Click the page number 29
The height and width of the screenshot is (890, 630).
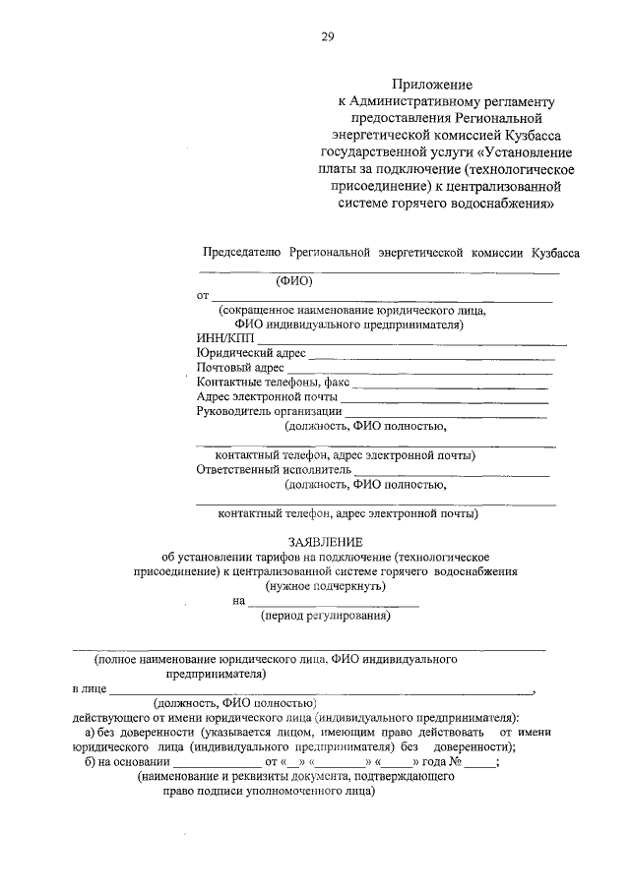pyautogui.click(x=328, y=37)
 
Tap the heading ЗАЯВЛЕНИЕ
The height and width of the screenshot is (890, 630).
pyautogui.click(x=325, y=542)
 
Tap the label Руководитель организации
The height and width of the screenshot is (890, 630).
pyautogui.click(x=269, y=411)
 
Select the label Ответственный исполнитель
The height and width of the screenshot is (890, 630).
pyautogui.click(x=274, y=470)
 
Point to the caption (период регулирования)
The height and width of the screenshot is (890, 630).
pyautogui.click(x=326, y=617)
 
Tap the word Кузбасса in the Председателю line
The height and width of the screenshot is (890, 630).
pyautogui.click(x=554, y=252)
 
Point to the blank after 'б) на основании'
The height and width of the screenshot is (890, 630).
pyautogui.click(x=217, y=765)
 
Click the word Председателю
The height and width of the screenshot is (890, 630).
pyautogui.click(x=242, y=252)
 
